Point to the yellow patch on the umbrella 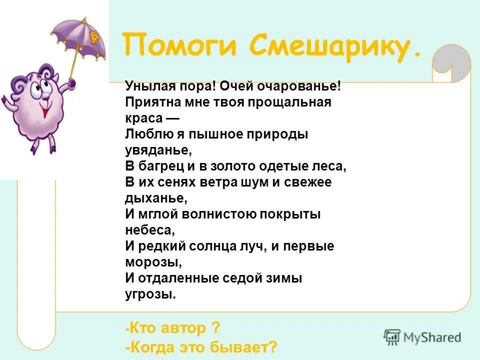click(94, 35)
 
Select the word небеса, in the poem click(150, 230)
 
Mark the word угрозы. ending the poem click(150, 294)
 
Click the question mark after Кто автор click(215, 328)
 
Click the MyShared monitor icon click(392, 337)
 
